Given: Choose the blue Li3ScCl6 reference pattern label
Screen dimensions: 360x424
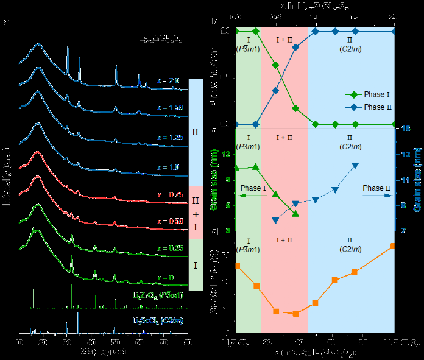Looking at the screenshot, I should point(157,320).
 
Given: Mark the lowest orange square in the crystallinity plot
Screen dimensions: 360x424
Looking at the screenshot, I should point(296,314).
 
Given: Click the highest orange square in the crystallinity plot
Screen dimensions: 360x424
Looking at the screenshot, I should point(393,246).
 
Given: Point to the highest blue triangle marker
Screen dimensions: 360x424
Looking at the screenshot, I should point(355,166).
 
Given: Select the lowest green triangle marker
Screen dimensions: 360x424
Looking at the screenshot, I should point(295,214).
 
